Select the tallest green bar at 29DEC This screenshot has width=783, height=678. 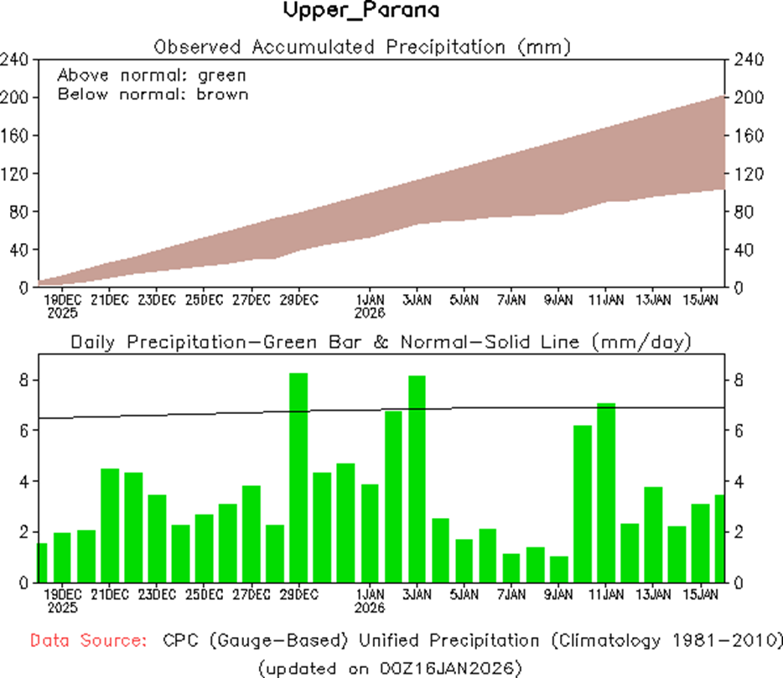click(299, 478)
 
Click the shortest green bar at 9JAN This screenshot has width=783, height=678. click(559, 569)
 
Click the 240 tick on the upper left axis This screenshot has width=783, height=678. click(17, 60)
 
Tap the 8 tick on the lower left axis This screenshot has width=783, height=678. click(24, 380)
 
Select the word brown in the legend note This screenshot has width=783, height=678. click(222, 94)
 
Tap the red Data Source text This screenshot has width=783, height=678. click(87, 641)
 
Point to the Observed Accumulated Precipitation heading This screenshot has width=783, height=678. click(362, 46)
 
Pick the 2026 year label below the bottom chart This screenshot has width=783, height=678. click(370, 608)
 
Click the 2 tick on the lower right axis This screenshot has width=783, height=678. click(738, 532)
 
